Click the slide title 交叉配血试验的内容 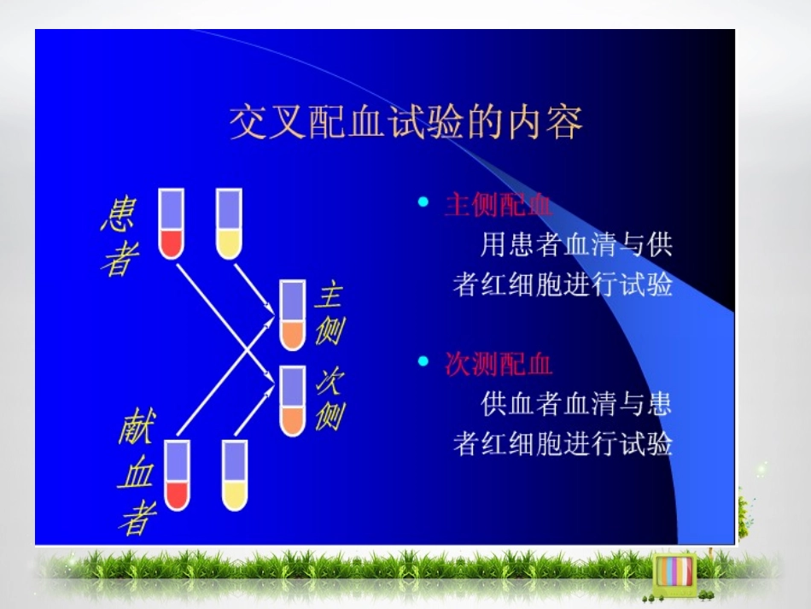[405, 122]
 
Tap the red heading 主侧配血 [499, 206]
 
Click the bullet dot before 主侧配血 [423, 202]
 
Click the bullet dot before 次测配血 [423, 361]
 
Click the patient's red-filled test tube [172, 224]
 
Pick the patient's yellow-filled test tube [229, 224]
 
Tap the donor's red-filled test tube [177, 475]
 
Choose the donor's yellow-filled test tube [235, 475]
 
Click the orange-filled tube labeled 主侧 [293, 315]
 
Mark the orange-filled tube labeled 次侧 [293, 401]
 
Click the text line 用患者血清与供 [576, 245]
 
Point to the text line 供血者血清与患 [576, 403]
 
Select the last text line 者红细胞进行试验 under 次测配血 [563, 444]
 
